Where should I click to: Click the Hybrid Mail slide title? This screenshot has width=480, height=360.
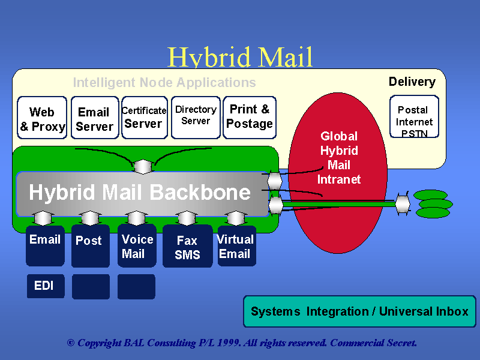[x=240, y=58]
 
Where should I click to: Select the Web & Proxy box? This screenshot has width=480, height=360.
[x=42, y=118]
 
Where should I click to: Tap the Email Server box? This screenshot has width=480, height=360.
[x=94, y=118]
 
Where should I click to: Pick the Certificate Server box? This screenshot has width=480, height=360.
[x=144, y=118]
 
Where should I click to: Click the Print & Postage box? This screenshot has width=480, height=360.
[x=250, y=117]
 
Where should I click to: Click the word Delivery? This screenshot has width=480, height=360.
[x=412, y=82]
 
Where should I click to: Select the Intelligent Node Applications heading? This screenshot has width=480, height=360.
[x=164, y=83]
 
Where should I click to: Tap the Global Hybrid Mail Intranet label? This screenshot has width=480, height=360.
[x=339, y=157]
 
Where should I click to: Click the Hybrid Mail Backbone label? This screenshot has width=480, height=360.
[x=140, y=193]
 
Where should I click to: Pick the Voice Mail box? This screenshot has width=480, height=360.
[x=138, y=245]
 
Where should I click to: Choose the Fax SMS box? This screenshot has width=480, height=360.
[x=187, y=247]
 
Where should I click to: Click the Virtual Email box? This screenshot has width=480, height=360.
[x=236, y=245]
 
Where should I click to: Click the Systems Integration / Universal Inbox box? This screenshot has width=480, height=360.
[x=359, y=311]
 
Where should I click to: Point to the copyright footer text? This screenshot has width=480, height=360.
[x=242, y=343]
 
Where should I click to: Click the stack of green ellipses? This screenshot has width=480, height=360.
[x=433, y=204]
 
